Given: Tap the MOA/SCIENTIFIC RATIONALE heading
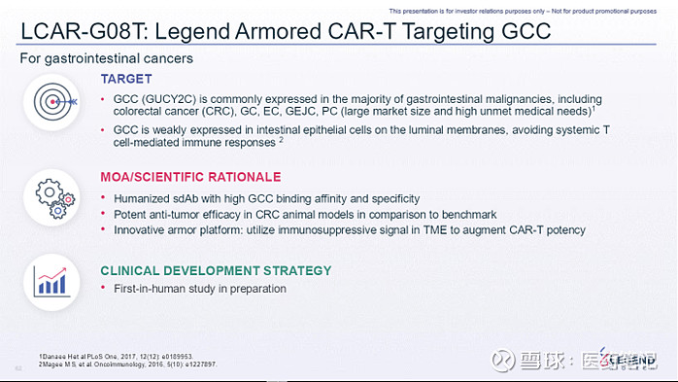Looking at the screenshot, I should (190, 177).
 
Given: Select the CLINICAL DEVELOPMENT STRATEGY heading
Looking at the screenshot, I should (216, 270).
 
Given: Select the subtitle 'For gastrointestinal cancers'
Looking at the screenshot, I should (107, 58).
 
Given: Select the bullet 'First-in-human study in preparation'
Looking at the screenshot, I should (199, 289).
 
